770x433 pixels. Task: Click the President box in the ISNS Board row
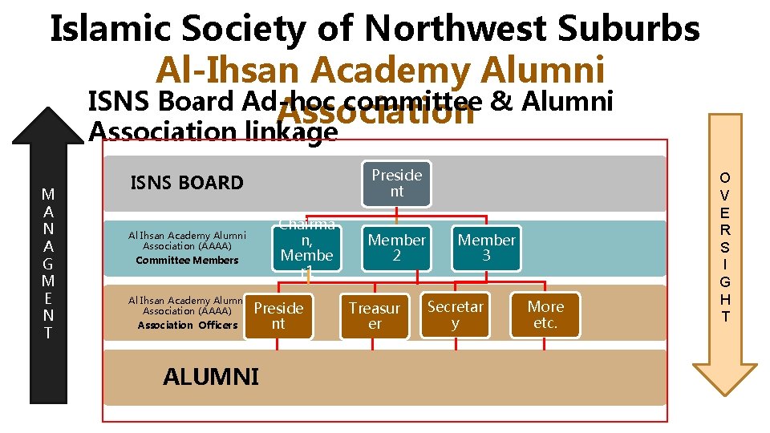point(396,184)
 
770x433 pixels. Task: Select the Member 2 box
point(396,248)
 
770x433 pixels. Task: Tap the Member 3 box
point(486,248)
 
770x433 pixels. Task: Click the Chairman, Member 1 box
point(306,248)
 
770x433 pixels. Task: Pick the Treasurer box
point(375,316)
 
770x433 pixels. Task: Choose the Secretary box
point(455,315)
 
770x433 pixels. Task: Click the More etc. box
point(545,315)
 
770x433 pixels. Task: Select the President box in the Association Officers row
point(278,316)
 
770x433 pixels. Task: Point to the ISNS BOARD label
point(187,183)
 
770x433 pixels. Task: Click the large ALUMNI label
point(211,377)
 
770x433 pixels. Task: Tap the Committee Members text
point(187,260)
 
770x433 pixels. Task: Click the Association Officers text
point(187,325)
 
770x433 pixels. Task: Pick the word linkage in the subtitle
point(290,132)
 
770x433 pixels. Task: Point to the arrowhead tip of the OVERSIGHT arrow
point(725,393)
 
